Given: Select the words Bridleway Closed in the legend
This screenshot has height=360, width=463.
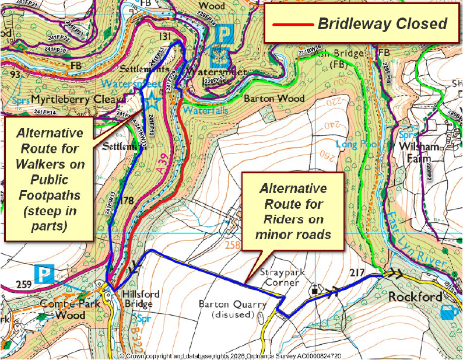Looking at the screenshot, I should coord(382,24).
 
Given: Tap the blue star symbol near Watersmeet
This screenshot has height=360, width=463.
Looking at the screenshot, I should coord(152,101).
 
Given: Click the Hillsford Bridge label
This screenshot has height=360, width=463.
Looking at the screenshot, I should coord(138,299).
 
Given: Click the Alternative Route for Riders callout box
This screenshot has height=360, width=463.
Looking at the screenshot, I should coord(293,211).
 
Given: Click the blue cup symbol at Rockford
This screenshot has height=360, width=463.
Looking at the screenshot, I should coord(448,312).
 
